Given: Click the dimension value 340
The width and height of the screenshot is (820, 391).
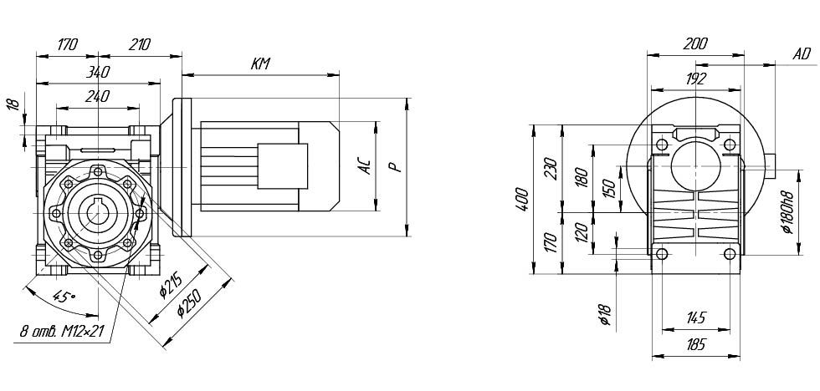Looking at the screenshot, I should tap(100, 73).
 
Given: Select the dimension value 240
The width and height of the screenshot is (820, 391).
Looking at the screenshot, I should tap(98, 96).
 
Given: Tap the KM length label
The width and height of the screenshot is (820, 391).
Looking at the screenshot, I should tap(260, 63).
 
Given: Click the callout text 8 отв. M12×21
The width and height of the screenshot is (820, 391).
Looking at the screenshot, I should tap(61, 332).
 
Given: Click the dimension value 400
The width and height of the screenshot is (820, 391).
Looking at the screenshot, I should tap(522, 199).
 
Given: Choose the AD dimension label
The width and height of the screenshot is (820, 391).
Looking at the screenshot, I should tap(801, 54).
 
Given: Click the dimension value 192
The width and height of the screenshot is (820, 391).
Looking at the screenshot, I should tap(696, 79).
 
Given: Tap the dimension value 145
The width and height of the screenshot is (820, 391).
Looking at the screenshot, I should tap(696, 317).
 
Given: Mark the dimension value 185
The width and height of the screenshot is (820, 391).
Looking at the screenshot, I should tap(696, 344).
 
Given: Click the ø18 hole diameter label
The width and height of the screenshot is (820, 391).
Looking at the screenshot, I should tap(604, 315).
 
